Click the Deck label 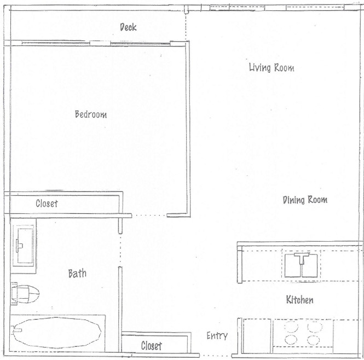128,27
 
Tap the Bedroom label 91,114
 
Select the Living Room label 271,68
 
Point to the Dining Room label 305,200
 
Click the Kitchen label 299,300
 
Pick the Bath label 77,274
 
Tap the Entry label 217,335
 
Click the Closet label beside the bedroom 47,204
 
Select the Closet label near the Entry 152,346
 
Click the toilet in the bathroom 25,293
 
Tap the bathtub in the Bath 57,332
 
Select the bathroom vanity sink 24,246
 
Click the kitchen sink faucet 301,258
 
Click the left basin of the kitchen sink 293,266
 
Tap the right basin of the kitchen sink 310,266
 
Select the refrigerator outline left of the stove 257,336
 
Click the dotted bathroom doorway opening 120,249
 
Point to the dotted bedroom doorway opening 149,216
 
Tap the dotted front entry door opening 216,356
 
